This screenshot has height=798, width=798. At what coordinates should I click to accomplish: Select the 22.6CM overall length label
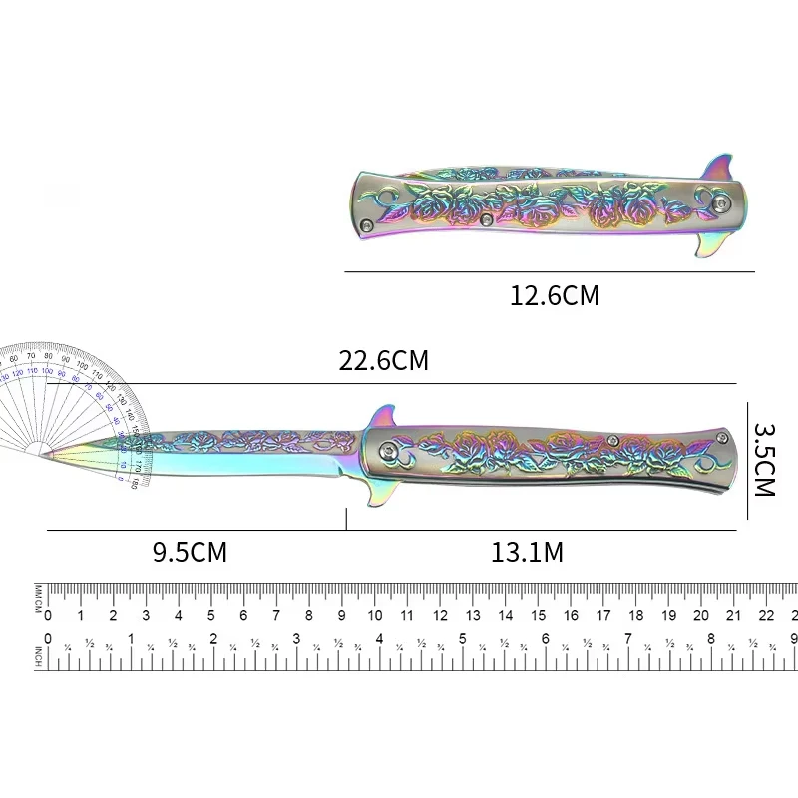click(x=383, y=360)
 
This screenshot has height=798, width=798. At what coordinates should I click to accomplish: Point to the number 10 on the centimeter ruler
click(x=375, y=616)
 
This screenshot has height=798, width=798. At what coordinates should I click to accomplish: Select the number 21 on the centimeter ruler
click(x=735, y=616)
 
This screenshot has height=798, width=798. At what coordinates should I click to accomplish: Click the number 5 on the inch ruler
click(x=462, y=639)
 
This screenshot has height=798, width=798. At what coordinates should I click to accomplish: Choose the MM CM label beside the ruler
click(x=38, y=602)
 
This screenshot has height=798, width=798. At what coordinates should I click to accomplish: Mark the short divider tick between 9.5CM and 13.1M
click(x=346, y=519)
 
